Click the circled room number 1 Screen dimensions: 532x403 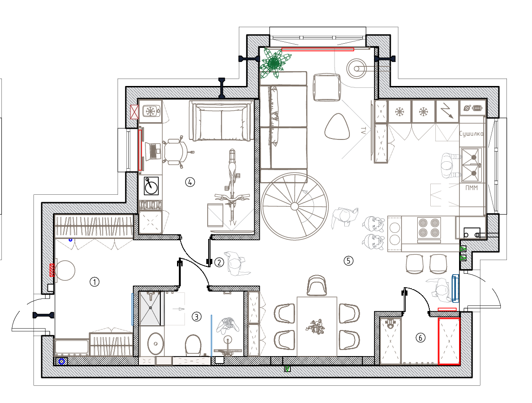point(94,282)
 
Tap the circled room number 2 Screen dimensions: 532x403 point(219,262)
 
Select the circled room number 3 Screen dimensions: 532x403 point(197,317)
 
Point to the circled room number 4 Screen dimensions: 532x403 point(190,182)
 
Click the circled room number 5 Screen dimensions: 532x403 point(348,261)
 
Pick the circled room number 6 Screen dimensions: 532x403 point(420,338)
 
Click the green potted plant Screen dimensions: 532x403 point(274,63)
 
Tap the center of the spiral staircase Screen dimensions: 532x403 point(295,206)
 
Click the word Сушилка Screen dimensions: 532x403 point(471,134)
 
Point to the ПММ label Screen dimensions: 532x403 point(471,187)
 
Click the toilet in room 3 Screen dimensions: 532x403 point(193,344)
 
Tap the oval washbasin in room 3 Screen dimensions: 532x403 point(156,344)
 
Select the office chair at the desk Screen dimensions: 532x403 point(177,152)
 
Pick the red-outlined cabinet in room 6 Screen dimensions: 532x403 point(448,341)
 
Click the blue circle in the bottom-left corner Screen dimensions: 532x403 point(62,362)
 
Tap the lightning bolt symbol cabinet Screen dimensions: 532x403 point(447,111)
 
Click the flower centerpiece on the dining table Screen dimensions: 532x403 point(315,326)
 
